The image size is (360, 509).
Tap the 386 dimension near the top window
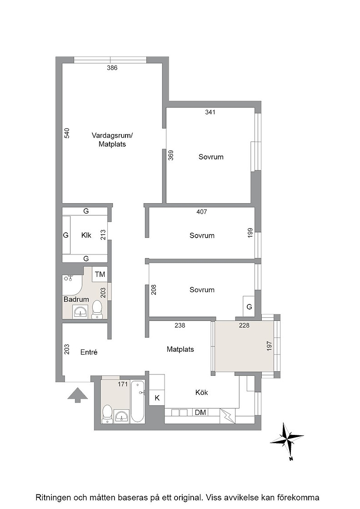pyautogui.click(x=112, y=68)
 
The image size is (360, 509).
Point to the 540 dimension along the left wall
pyautogui.click(x=66, y=134)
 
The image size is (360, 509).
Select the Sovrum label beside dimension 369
pyautogui.click(x=211, y=157)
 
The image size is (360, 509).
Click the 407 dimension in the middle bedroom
pyautogui.click(x=201, y=212)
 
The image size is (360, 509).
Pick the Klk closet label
pyautogui.click(x=86, y=235)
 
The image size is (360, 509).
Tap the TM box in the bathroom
pyautogui.click(x=100, y=274)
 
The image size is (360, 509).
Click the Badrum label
pyautogui.click(x=76, y=299)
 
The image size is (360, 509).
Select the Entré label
pyautogui.click(x=89, y=352)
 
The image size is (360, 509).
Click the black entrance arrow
pyautogui.click(x=78, y=395)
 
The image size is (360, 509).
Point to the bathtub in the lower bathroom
pyautogui.click(x=138, y=401)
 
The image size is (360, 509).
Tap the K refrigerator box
pyautogui.click(x=157, y=398)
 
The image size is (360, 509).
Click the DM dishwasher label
pyautogui.click(x=200, y=412)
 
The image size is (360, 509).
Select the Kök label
pyautogui.click(x=201, y=393)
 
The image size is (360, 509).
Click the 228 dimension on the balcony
pyautogui.click(x=244, y=325)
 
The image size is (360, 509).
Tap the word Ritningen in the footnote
pyautogui.click(x=54, y=497)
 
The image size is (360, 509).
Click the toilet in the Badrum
pyautogui.click(x=97, y=309)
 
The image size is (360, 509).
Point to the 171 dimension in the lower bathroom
pyautogui.click(x=123, y=384)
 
